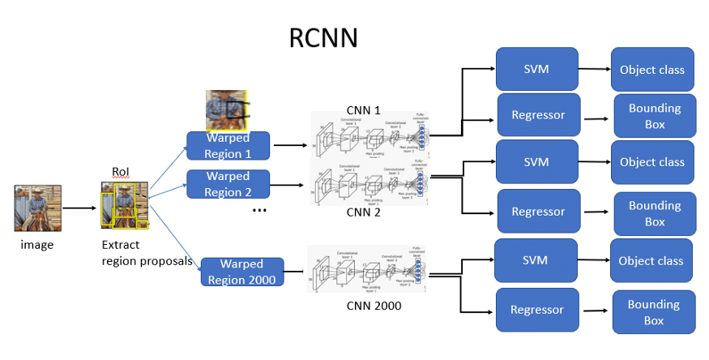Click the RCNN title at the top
pos(323,38)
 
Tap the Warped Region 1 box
pos(228,146)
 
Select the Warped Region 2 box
pos(228,184)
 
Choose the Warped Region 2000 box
pos(241,272)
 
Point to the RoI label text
pos(121,172)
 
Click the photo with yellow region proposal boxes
pos(124,204)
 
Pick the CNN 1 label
pos(363,110)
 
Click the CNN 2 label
pos(363,212)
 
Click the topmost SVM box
pos(536,69)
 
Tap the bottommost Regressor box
pos(536,310)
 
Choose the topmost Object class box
pos(651,70)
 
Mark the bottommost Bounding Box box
pos(654,312)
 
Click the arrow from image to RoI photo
pos(79,208)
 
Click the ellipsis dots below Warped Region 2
pos(259,211)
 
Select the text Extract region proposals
pos(146,253)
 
